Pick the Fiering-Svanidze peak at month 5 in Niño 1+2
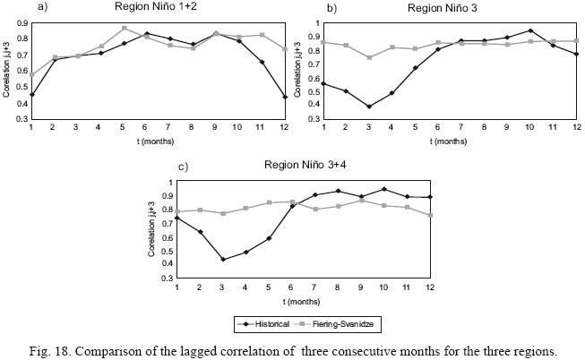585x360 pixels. [125, 28]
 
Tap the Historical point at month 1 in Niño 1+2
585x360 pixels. [31, 95]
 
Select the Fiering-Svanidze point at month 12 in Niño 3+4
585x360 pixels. [432, 215]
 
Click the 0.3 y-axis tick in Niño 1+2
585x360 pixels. [22, 118]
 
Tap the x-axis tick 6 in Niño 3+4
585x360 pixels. [293, 286]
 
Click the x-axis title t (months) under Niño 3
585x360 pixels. [449, 141]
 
